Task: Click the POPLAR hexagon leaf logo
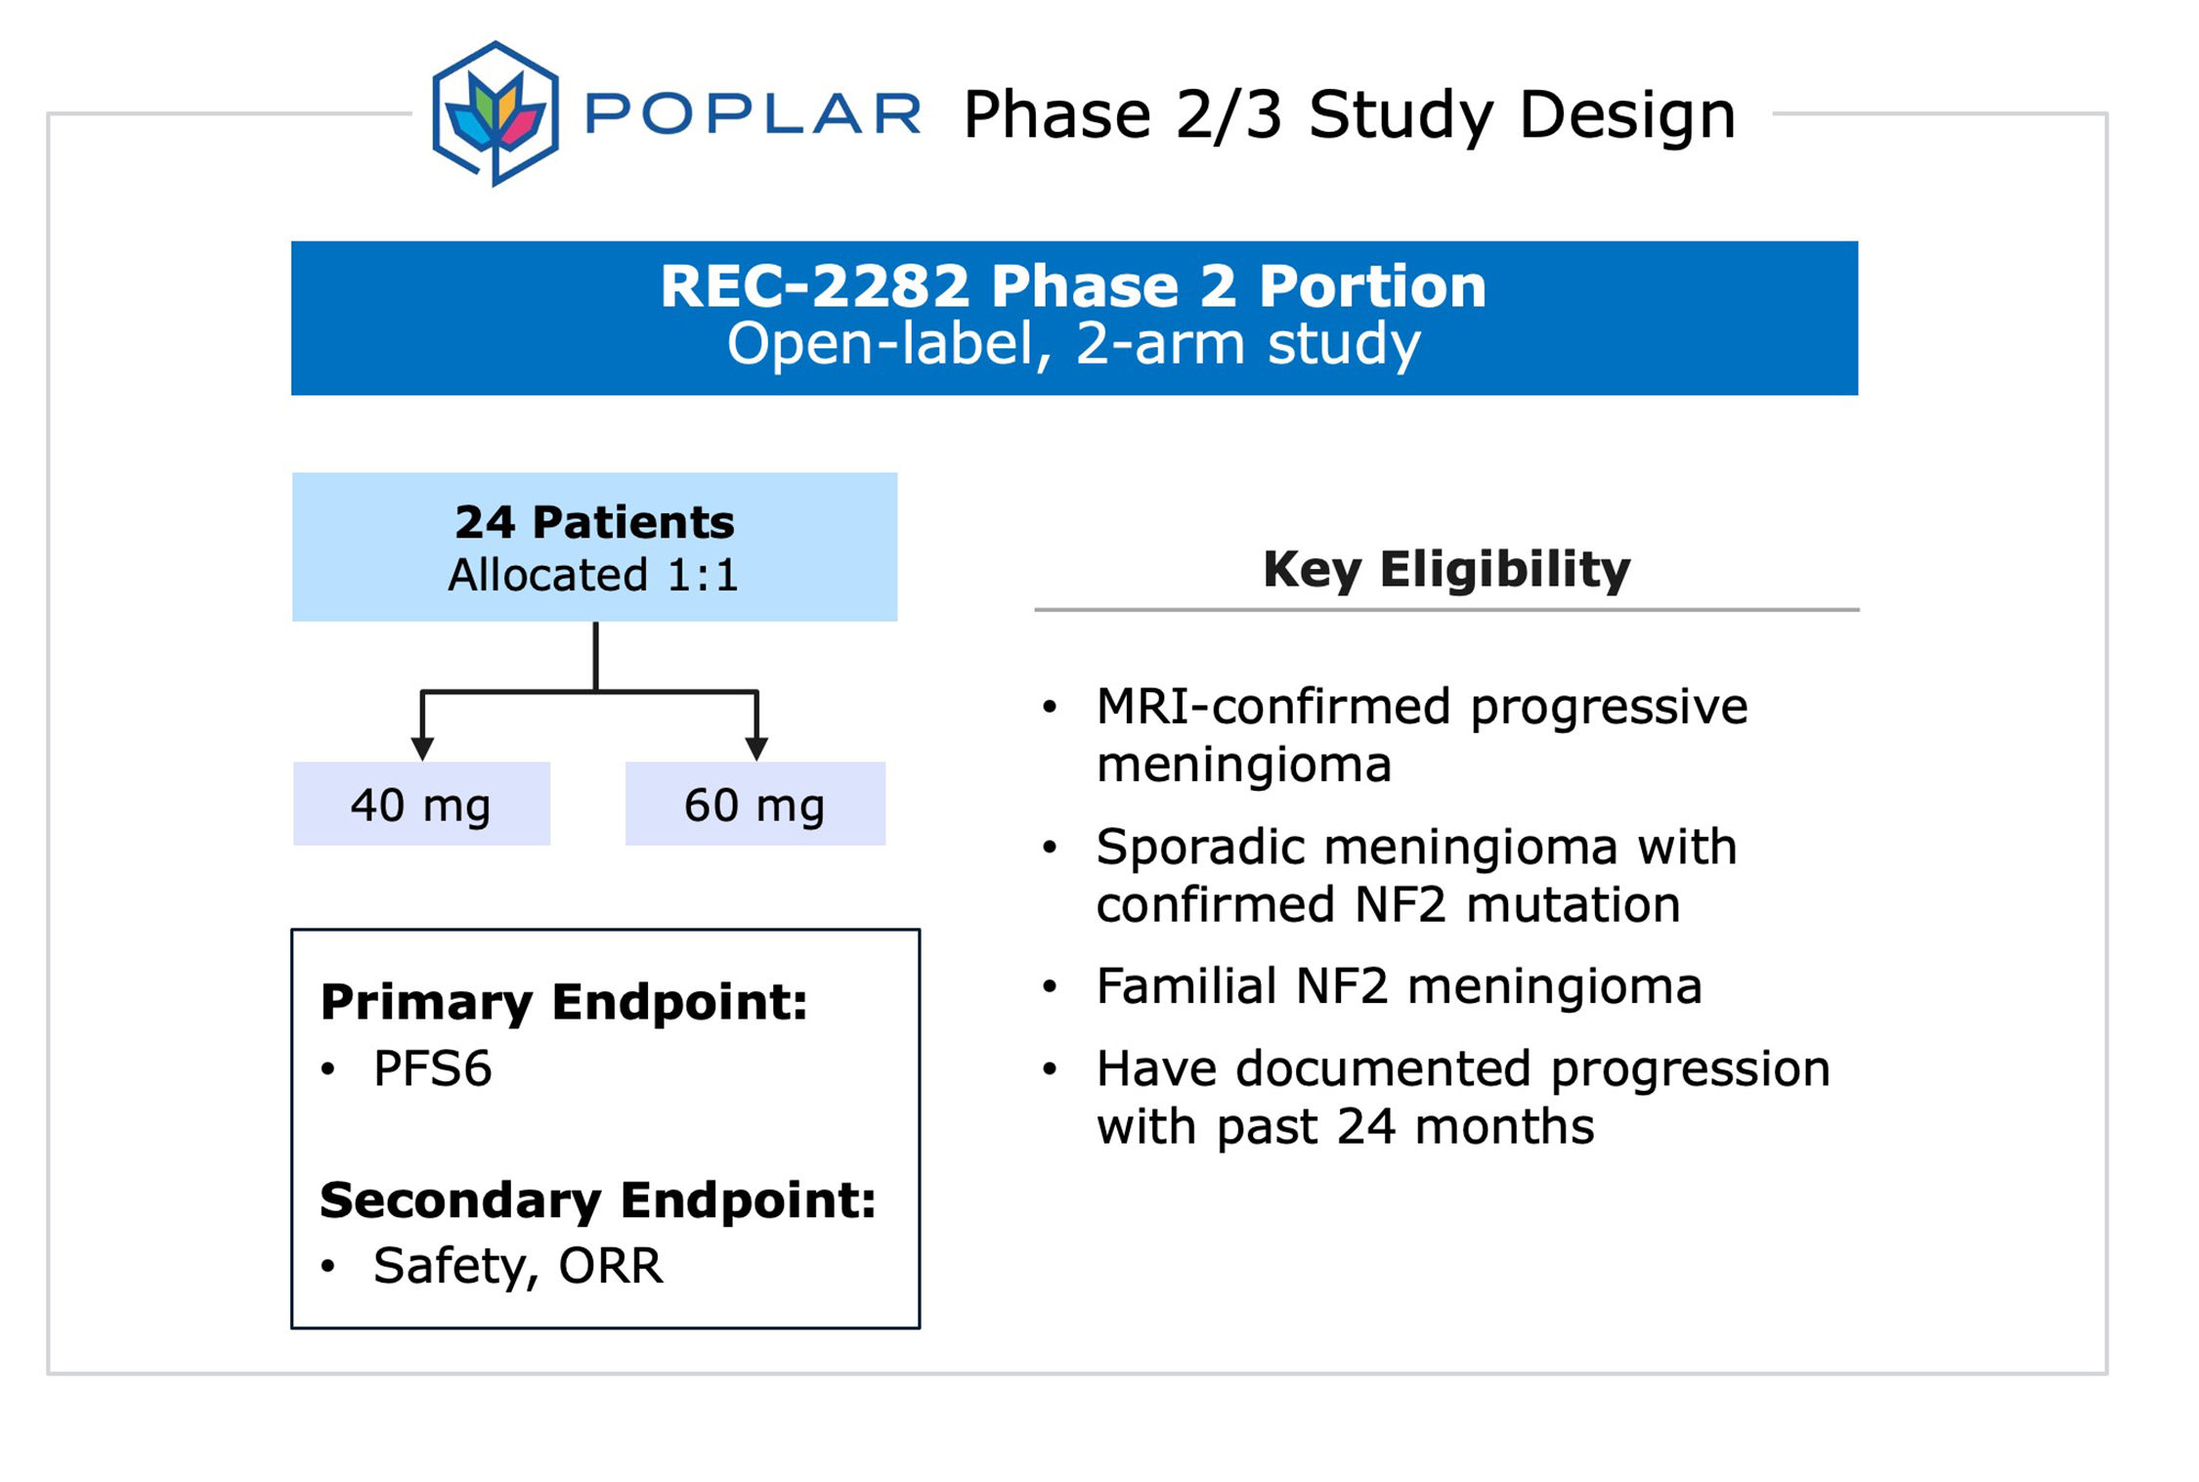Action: (x=496, y=113)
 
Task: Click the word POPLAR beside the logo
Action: (x=753, y=112)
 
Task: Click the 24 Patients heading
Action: (x=594, y=522)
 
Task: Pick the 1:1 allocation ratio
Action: (x=702, y=575)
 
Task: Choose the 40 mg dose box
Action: (x=421, y=804)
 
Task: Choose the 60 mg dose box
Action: (x=755, y=804)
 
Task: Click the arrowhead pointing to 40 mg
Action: (x=422, y=749)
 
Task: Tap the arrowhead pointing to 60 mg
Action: (x=756, y=749)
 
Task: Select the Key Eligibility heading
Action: (x=1446, y=570)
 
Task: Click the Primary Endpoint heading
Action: (x=564, y=1002)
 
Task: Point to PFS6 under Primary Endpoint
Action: (x=432, y=1068)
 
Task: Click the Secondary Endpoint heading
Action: (x=597, y=1200)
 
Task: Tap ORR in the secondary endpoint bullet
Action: (x=611, y=1266)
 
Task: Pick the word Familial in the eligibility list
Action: (x=1186, y=985)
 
